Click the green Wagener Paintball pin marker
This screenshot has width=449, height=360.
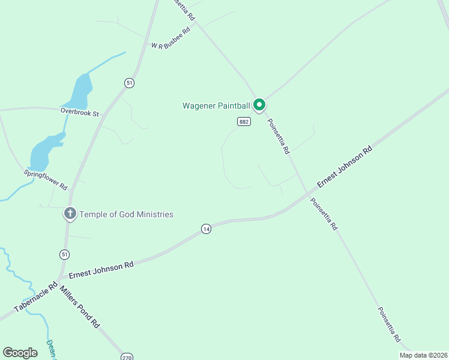tap(259, 105)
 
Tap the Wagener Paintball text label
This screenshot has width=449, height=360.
tap(216, 106)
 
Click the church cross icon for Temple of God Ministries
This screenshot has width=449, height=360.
tap(70, 213)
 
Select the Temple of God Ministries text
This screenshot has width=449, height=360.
tap(127, 214)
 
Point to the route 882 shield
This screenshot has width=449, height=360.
tap(244, 121)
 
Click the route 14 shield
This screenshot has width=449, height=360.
tap(206, 229)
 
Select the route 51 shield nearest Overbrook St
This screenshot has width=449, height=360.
tap(129, 83)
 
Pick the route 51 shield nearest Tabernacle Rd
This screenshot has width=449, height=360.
tap(64, 254)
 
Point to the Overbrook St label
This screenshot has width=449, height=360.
tap(79, 112)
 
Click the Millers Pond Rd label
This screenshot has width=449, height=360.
tap(79, 306)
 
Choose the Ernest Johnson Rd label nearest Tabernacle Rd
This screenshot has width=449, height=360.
tap(101, 269)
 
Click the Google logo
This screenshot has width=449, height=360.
tap(20, 353)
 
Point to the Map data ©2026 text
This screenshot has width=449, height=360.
tap(423, 355)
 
